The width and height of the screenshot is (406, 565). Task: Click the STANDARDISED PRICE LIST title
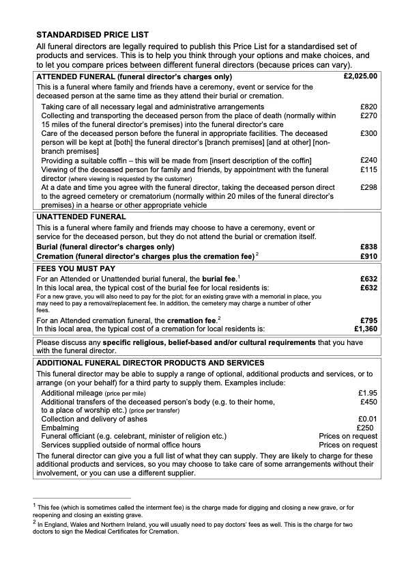click(x=92, y=33)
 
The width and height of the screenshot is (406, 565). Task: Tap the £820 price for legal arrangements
click(x=368, y=107)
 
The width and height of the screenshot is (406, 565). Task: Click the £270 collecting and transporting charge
click(x=368, y=116)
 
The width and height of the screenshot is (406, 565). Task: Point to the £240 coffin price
click(x=368, y=159)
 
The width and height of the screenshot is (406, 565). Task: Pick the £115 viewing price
click(x=368, y=169)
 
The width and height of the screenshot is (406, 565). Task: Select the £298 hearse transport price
click(x=368, y=187)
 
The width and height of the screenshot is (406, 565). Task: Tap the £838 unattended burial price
click(x=368, y=246)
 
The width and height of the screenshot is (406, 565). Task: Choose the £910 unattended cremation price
click(x=368, y=256)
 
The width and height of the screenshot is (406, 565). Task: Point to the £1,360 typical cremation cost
click(x=365, y=329)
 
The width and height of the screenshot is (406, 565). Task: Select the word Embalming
click(x=60, y=427)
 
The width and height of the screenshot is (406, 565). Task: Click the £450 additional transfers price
click(x=368, y=402)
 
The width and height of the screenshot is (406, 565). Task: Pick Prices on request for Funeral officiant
click(x=348, y=435)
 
